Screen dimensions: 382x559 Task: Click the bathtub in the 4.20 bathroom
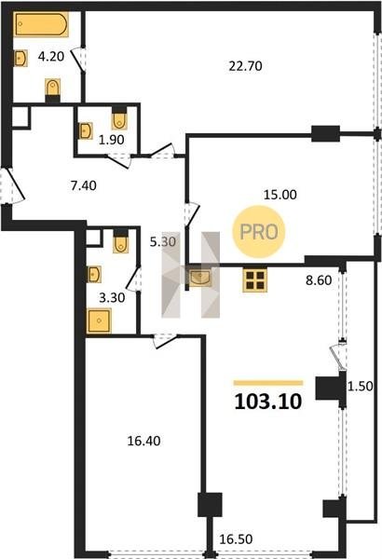tap(41, 24)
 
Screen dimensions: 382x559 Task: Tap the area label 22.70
tap(245, 66)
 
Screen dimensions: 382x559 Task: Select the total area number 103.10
tap(268, 402)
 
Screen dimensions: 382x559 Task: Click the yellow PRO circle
tap(259, 232)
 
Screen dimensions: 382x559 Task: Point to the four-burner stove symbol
tap(254, 279)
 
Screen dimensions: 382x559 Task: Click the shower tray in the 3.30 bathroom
tap(99, 320)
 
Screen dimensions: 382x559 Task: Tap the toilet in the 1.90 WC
tap(119, 118)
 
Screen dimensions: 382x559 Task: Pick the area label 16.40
tap(143, 442)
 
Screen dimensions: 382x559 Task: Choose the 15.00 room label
tap(280, 195)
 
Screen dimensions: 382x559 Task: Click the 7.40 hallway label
tap(84, 185)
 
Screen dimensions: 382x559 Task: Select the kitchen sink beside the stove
tap(199, 279)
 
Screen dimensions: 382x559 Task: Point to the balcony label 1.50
tap(361, 386)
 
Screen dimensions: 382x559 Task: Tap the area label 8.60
tap(319, 280)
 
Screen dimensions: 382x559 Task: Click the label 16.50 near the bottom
tap(236, 539)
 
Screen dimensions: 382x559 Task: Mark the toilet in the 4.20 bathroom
tap(53, 90)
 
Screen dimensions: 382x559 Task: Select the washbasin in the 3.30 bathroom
tap(94, 274)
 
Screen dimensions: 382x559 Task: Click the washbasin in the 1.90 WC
tap(85, 130)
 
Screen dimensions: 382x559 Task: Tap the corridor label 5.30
tap(163, 242)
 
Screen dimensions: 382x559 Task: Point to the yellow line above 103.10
tap(268, 383)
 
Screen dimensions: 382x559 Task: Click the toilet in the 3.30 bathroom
tap(120, 241)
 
